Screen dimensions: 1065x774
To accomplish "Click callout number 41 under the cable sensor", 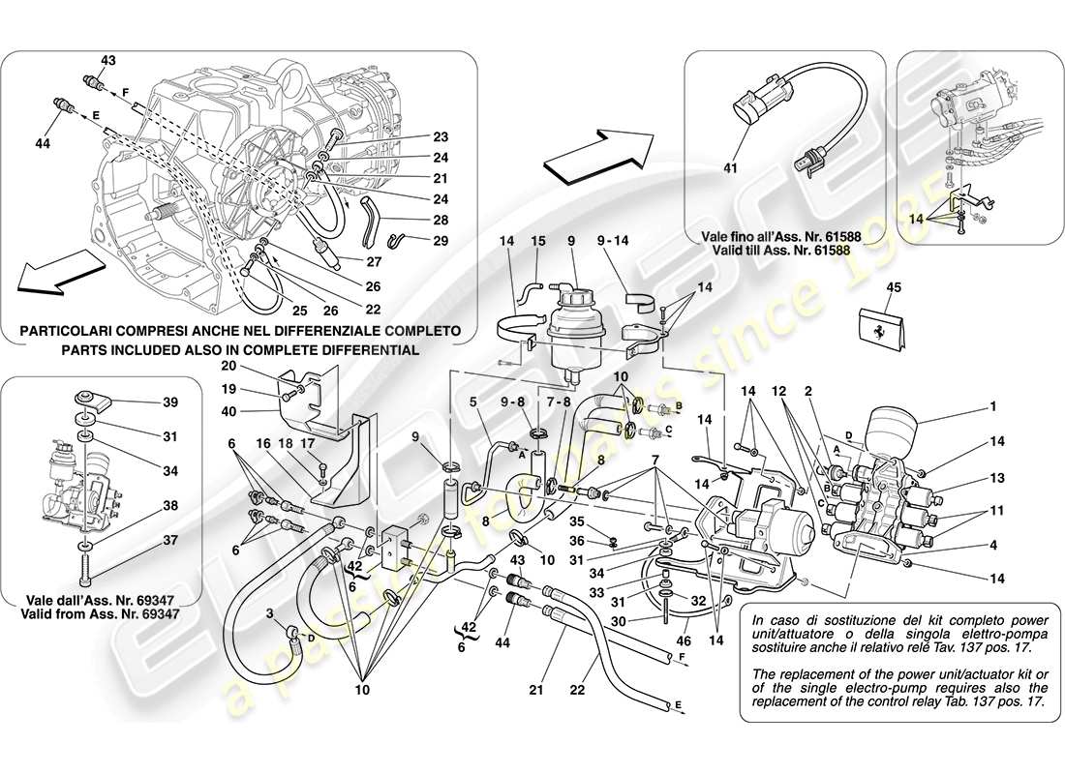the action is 730,168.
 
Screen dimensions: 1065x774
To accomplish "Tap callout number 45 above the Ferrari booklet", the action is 892,287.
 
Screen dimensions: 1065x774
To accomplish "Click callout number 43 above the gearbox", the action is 107,61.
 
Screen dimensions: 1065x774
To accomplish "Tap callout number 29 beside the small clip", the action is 441,239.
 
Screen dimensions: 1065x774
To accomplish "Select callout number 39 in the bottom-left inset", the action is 170,402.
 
